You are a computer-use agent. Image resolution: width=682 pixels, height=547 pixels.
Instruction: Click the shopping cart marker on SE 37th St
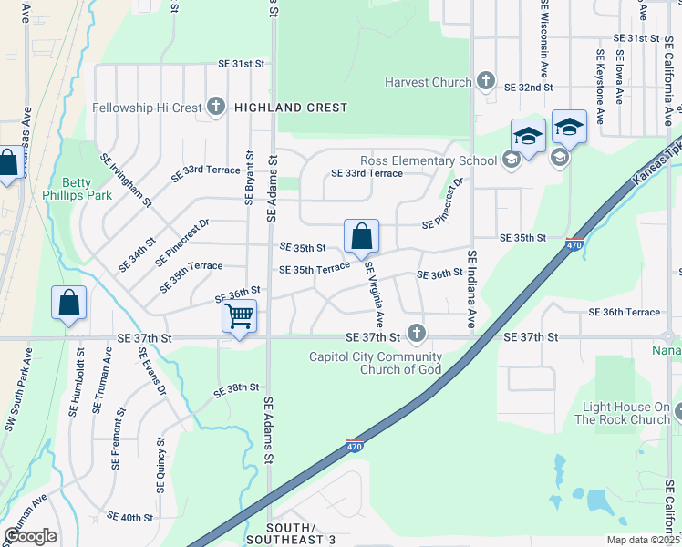pos(239,317)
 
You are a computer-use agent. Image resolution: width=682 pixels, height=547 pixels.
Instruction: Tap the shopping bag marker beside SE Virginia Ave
pos(362,236)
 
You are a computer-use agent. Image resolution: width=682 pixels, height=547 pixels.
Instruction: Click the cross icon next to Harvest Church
pos(485,81)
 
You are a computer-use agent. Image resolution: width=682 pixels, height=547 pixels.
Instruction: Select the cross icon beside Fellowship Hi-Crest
pos(216,108)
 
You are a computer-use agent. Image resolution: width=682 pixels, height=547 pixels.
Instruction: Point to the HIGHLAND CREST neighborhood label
pos(291,108)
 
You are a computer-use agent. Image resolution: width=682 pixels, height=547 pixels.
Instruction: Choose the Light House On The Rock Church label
pos(623,413)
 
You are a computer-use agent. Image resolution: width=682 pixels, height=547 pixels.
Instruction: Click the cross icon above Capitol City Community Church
pos(417,335)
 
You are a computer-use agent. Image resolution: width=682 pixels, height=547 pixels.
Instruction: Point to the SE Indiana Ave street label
pos(472,289)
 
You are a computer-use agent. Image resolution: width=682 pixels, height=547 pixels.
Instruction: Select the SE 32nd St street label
pos(529,88)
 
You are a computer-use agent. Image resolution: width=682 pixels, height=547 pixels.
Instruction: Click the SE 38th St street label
pos(237,389)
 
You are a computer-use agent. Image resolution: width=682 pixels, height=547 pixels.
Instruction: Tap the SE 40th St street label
pos(130,517)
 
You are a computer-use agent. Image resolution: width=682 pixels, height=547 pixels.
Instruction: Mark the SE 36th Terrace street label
pos(625,312)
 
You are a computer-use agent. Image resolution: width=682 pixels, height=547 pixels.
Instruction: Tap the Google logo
pos(30,535)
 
